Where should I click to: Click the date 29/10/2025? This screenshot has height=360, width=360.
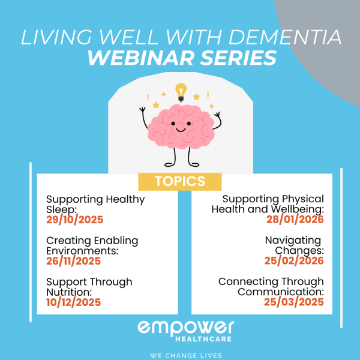click(x=74, y=220)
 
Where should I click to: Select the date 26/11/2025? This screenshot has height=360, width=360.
click(x=73, y=261)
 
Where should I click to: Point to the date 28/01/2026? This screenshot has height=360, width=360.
click(x=295, y=220)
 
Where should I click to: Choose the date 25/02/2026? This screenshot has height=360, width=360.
click(x=294, y=261)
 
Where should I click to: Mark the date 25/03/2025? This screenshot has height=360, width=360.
click(x=294, y=302)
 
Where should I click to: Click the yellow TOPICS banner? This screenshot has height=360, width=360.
click(x=180, y=181)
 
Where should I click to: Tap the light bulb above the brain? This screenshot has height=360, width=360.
click(x=180, y=92)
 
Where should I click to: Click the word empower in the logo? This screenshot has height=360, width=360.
click(x=185, y=328)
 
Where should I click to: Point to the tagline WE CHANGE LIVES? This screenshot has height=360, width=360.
click(x=180, y=355)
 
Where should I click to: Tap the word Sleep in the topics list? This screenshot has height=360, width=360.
click(x=61, y=209)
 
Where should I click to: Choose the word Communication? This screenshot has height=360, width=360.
click(x=281, y=292)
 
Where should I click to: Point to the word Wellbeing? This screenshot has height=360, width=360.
click(x=298, y=209)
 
